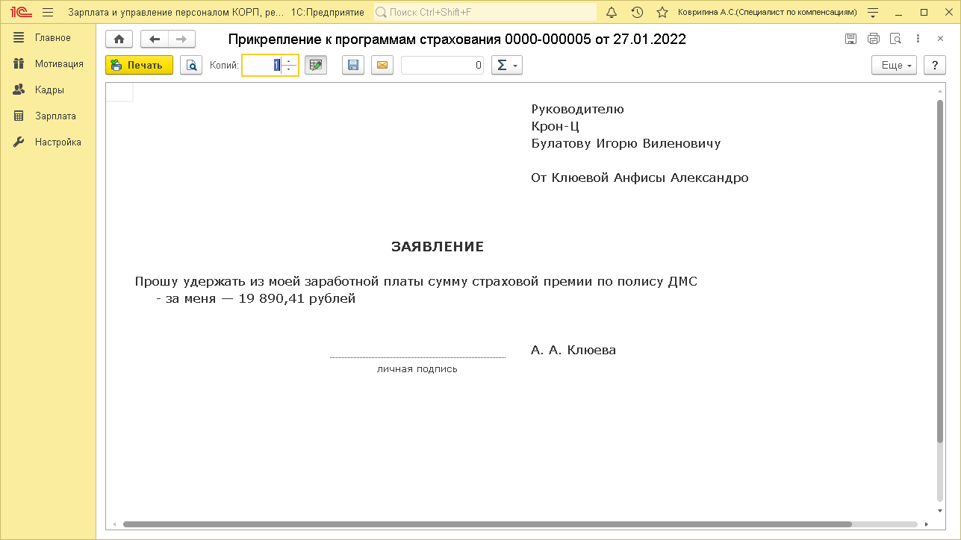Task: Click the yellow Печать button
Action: [139, 66]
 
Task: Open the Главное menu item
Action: [52, 38]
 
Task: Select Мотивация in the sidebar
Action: [58, 64]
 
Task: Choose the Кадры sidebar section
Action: [49, 90]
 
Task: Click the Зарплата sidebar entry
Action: [55, 116]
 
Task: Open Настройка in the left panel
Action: [57, 142]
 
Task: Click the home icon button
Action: [119, 40]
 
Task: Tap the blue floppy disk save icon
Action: [353, 66]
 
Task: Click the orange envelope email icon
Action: [382, 66]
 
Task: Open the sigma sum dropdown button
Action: [506, 66]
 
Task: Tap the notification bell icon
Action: [612, 13]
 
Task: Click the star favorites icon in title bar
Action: [662, 13]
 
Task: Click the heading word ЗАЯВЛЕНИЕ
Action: [437, 247]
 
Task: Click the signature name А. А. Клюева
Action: [573, 350]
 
